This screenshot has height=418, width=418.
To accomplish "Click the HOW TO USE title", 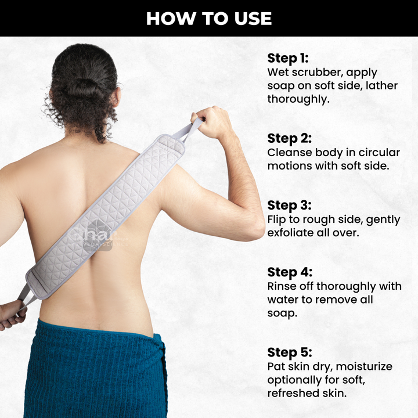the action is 209,19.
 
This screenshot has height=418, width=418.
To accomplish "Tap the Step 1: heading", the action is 288,59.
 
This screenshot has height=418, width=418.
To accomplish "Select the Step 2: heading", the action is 290,139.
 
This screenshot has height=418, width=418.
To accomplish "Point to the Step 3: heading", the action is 290,206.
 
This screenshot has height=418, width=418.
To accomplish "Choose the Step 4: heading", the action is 290,272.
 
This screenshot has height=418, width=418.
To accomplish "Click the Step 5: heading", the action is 290,352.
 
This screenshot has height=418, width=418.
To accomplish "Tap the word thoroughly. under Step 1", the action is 298,99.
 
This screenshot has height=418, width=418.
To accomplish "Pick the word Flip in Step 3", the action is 277,219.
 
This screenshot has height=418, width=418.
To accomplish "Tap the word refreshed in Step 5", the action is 292,393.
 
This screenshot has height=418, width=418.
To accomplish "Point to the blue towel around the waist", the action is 96,370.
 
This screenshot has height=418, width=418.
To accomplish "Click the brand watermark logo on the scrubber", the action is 98,236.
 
